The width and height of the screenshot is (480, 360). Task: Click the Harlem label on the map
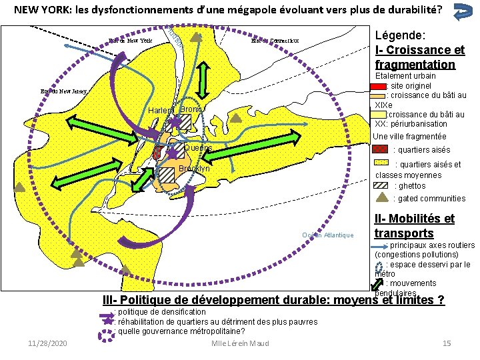[x=160, y=110]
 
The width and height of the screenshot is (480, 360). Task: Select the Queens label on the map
[x=197, y=148]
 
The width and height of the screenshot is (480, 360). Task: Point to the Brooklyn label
[x=194, y=169]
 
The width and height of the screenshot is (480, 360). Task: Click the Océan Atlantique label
[x=327, y=235]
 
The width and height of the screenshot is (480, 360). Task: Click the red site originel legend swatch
[x=379, y=86]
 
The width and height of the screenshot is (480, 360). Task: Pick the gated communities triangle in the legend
[x=382, y=197]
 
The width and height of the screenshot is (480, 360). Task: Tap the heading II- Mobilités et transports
[x=414, y=226]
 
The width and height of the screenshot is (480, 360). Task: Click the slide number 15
[x=447, y=343]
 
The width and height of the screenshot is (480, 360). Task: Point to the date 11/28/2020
[x=47, y=343]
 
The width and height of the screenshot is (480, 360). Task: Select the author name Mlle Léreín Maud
[x=239, y=343]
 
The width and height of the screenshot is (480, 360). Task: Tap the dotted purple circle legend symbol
[x=107, y=331]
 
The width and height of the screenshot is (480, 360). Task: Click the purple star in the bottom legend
[x=107, y=321]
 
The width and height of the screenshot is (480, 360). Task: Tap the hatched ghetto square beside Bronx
[x=185, y=120]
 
